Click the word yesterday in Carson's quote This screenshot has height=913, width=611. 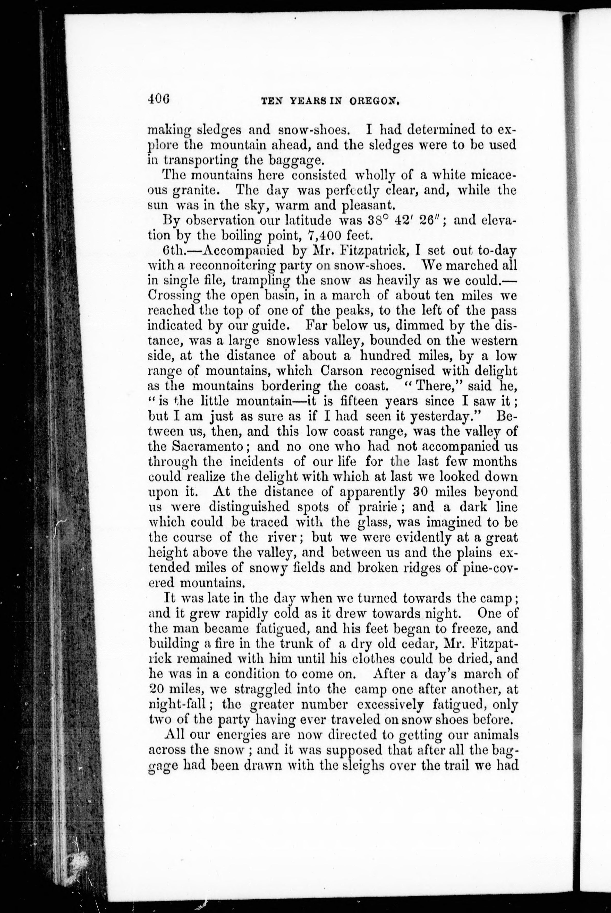445,416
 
